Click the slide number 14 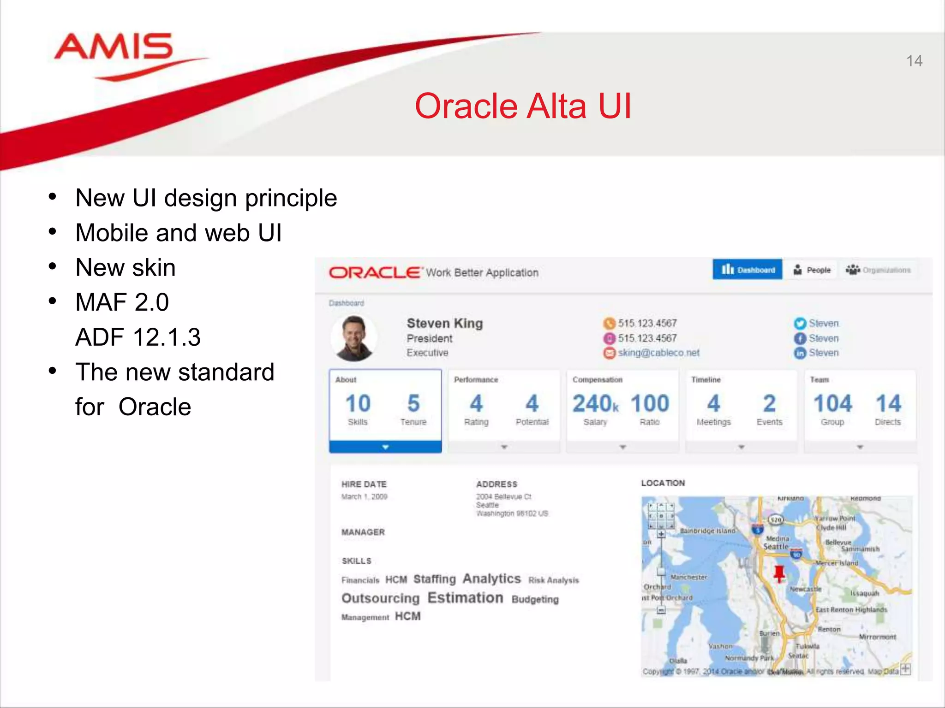[914, 61]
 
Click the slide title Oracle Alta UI [522, 106]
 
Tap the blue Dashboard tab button [747, 270]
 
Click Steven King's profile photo [354, 338]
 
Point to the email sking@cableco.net [658, 353]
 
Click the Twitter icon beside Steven [800, 324]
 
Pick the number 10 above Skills [358, 404]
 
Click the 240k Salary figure [595, 404]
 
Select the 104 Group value [832, 404]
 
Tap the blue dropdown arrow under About [385, 447]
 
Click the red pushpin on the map [779, 573]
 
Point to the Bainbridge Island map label [707, 531]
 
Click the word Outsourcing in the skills [380, 598]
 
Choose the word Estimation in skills [465, 598]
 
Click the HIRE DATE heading [364, 484]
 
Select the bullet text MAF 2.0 [122, 302]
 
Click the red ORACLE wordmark [375, 272]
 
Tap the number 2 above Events [769, 404]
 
